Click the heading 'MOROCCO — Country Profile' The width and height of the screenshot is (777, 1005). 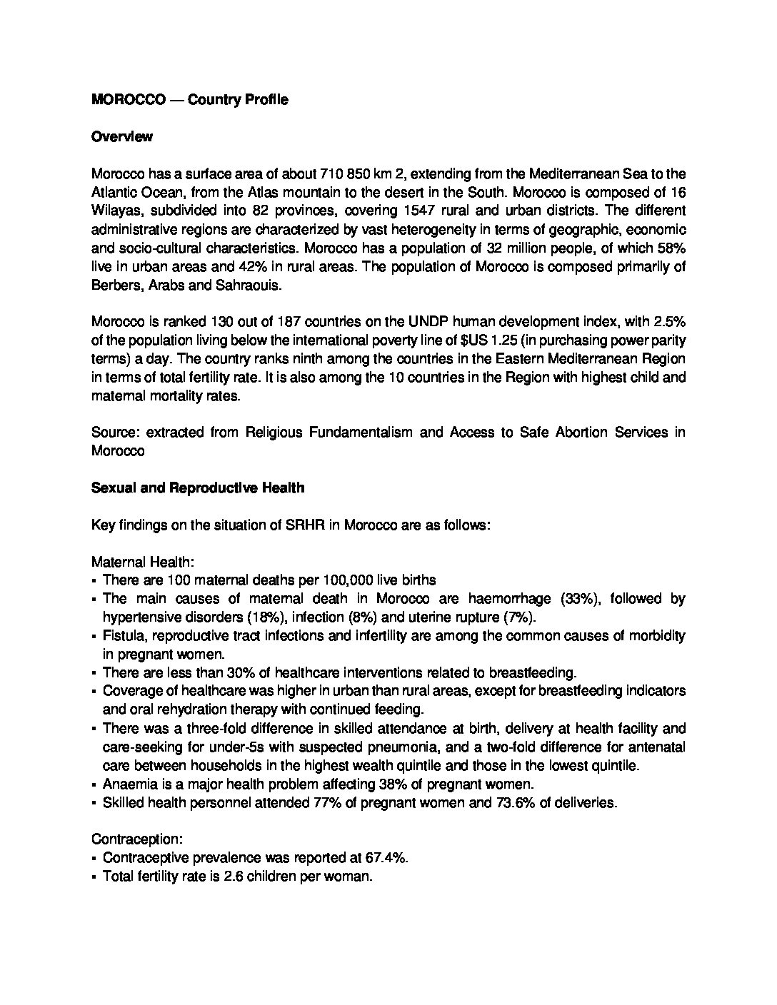[190, 100]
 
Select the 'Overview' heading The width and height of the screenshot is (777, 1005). [121, 137]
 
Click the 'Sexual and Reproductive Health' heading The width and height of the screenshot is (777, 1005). [198, 488]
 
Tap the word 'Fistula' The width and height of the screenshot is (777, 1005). [123, 636]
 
